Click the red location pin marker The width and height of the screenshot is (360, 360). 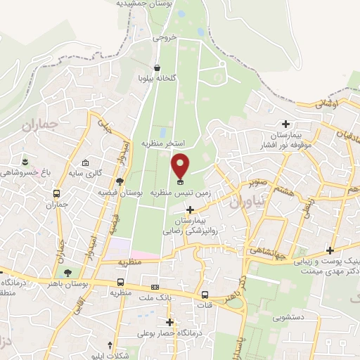tap(181, 166)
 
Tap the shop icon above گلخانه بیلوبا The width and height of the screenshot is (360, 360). tap(165, 67)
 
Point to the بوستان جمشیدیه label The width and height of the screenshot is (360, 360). tap(143, 4)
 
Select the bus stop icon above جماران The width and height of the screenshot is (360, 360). tap(56, 195)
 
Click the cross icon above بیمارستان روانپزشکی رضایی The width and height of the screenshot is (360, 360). tap(191, 210)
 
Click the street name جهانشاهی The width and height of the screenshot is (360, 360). tap(287, 252)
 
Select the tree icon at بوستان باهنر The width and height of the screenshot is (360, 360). tap(67, 273)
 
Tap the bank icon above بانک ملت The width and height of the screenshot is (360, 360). tap(155, 288)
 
